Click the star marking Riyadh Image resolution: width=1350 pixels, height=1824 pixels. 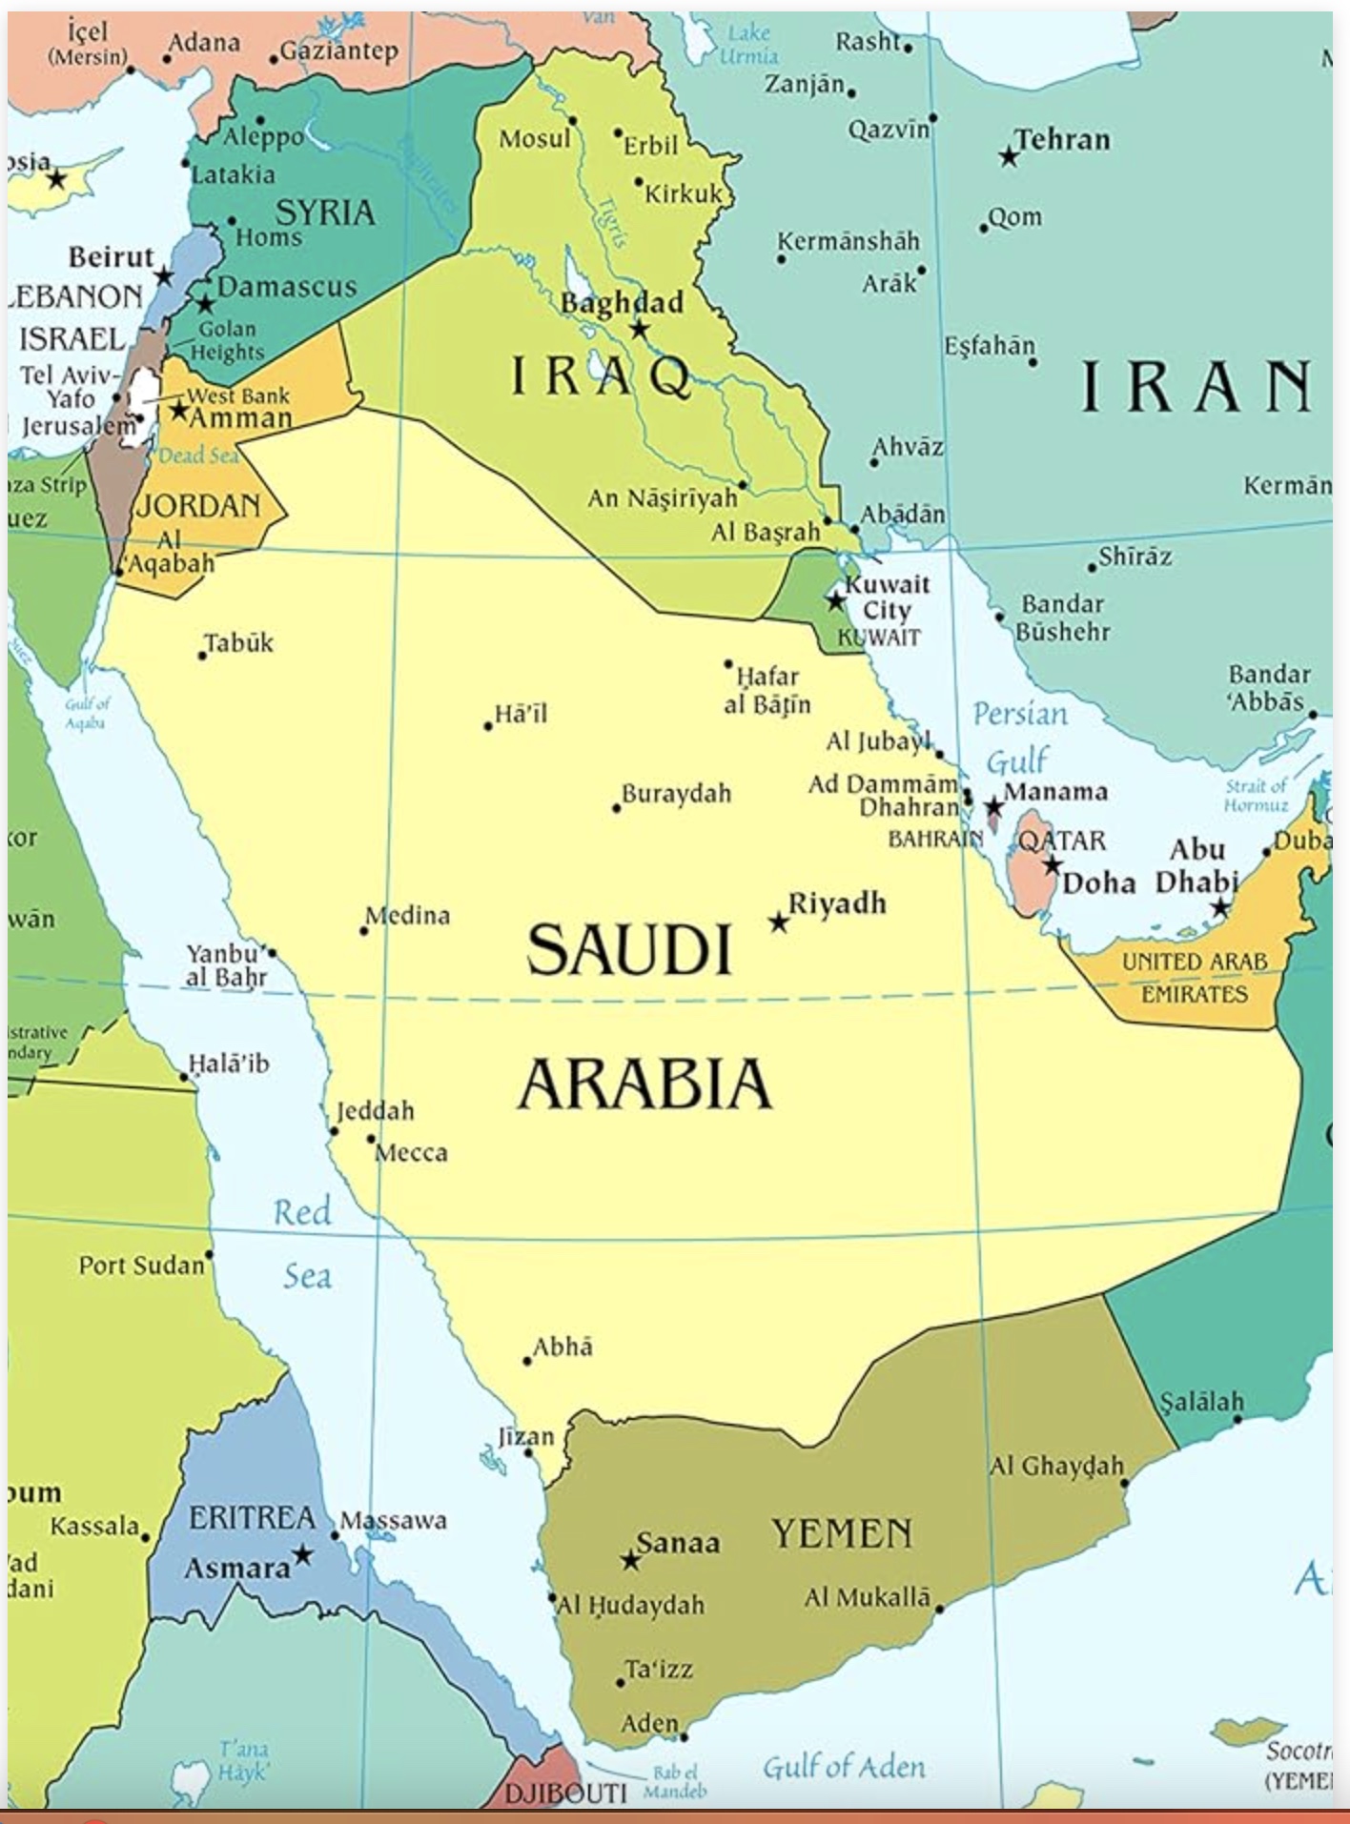click(x=779, y=922)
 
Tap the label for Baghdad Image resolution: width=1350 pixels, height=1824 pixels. click(x=622, y=303)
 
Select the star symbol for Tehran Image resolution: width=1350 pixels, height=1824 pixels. click(x=1009, y=155)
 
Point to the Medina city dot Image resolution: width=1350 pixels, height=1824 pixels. click(x=363, y=930)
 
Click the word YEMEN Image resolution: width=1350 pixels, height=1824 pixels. click(x=842, y=1533)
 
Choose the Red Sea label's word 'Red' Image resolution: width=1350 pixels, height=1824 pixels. click(x=302, y=1212)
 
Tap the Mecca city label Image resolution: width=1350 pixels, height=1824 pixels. click(x=411, y=1153)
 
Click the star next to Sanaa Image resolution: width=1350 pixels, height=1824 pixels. click(x=630, y=1561)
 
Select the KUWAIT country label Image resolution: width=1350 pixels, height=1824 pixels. click(x=879, y=638)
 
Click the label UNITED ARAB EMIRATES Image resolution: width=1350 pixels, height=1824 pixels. click(x=1194, y=978)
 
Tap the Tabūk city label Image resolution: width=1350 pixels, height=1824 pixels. click(x=238, y=643)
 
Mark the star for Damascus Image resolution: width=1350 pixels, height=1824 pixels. click(x=206, y=305)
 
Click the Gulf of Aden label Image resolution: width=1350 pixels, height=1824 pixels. click(x=844, y=1768)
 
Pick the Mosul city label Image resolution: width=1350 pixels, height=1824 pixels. click(x=534, y=139)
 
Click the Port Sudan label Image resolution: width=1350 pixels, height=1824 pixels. click(x=141, y=1266)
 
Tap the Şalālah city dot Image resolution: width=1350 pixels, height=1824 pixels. click(x=1237, y=1419)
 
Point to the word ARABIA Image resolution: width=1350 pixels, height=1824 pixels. click(x=644, y=1084)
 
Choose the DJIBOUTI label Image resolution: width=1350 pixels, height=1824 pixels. click(x=564, y=1794)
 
